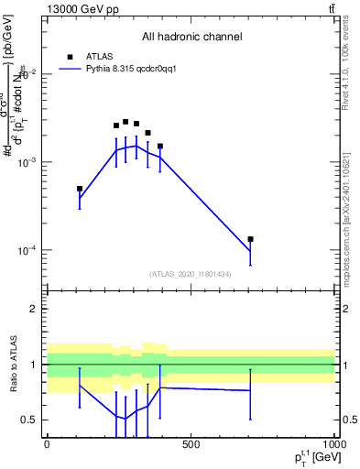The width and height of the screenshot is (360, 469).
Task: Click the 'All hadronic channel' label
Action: (191, 37)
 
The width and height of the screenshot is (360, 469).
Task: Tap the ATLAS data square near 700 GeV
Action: (250, 239)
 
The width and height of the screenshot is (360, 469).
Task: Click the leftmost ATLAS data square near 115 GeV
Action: (80, 189)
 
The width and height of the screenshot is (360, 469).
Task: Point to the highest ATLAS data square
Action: (125, 122)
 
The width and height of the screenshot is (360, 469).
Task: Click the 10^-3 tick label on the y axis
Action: (28, 162)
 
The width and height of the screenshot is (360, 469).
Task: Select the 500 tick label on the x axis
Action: (191, 445)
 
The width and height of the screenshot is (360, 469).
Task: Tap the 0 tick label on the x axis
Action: (47, 445)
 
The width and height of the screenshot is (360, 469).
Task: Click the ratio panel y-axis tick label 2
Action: (33, 309)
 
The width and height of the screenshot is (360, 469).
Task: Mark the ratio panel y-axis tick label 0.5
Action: (30, 420)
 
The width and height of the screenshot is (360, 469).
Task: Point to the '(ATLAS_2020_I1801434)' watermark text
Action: (191, 274)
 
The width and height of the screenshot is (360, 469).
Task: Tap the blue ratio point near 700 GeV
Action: (250, 390)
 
